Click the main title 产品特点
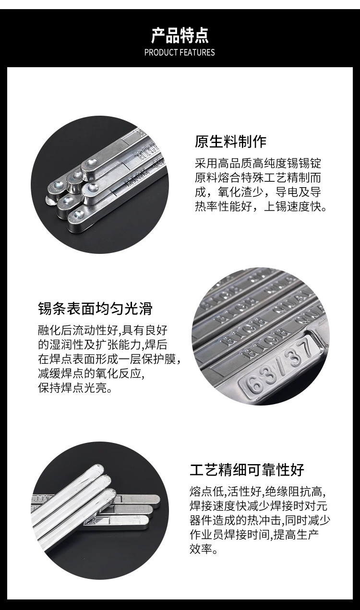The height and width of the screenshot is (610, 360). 180,36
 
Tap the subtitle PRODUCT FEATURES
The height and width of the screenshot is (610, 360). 180,52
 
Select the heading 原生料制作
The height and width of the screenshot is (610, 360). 231,142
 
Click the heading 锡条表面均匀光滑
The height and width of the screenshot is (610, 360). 96,309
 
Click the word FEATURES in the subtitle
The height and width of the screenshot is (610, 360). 197,52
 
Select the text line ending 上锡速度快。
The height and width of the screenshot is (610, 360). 261,207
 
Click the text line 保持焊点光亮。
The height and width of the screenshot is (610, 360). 75,388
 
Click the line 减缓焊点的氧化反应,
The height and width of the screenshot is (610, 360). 91,373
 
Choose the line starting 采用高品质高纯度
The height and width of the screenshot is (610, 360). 258,163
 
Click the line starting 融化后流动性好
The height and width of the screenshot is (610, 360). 103,330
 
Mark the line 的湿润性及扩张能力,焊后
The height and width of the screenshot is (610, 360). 103,345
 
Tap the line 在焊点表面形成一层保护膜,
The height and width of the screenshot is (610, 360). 109,359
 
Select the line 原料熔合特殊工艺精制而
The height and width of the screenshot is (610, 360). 258,178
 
